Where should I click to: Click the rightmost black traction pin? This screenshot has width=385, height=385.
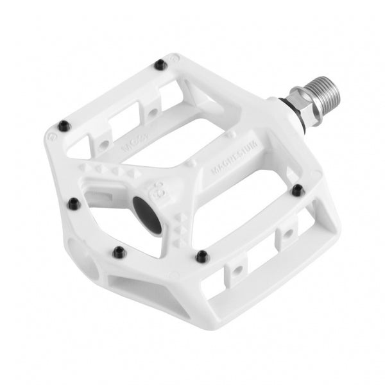[x=296, y=190]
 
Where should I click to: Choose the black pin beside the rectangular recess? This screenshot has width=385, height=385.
[x=71, y=205]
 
